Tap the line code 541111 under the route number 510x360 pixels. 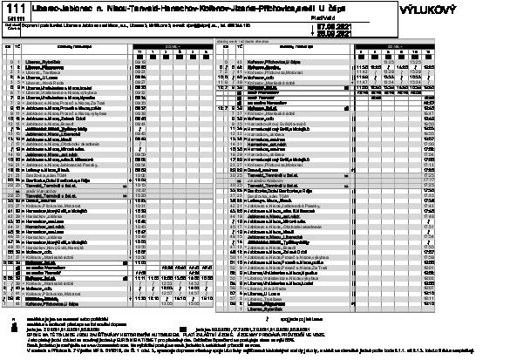(17, 19)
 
